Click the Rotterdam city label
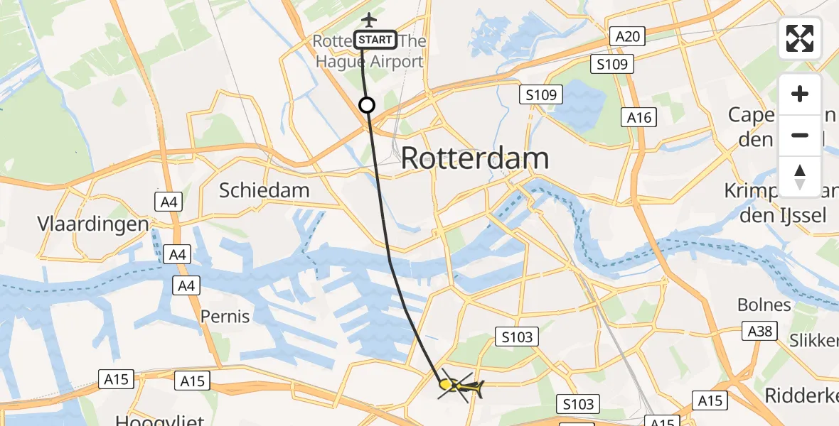click(475, 158)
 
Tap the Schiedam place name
click(264, 190)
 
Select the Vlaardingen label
click(93, 224)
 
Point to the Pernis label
click(225, 316)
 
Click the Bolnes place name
click(764, 305)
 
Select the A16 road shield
click(638, 118)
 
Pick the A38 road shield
click(759, 331)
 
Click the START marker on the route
click(375, 40)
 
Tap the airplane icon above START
click(368, 18)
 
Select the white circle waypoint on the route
click(367, 106)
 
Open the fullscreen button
click(800, 38)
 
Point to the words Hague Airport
click(370, 62)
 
